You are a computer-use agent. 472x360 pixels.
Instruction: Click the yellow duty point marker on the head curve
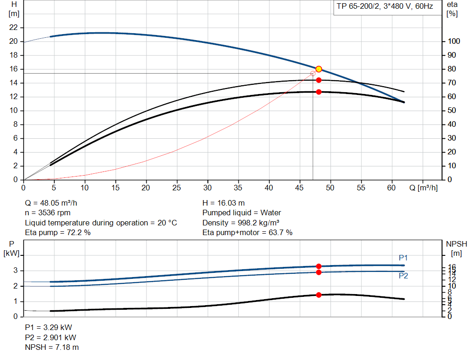click(x=319, y=69)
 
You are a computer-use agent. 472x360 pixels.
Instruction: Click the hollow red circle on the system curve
click(x=313, y=73)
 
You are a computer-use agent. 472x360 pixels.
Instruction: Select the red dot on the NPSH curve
click(x=319, y=295)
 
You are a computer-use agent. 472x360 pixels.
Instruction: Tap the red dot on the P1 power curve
click(x=319, y=266)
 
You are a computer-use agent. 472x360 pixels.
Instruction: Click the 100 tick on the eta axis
click(x=453, y=41)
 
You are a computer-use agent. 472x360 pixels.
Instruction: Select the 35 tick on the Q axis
click(x=238, y=188)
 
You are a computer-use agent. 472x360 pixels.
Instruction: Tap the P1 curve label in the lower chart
click(x=403, y=258)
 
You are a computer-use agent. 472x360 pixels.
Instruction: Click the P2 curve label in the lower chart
click(x=403, y=276)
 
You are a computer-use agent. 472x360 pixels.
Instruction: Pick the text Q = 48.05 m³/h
click(x=54, y=203)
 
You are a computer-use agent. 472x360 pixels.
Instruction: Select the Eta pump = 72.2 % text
click(x=58, y=233)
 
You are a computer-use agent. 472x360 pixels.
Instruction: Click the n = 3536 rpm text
click(x=48, y=213)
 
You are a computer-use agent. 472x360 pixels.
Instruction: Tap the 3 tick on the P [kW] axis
click(x=16, y=271)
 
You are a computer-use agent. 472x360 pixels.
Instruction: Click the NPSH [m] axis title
click(x=456, y=248)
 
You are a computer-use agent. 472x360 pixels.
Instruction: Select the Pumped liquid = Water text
click(x=242, y=213)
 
